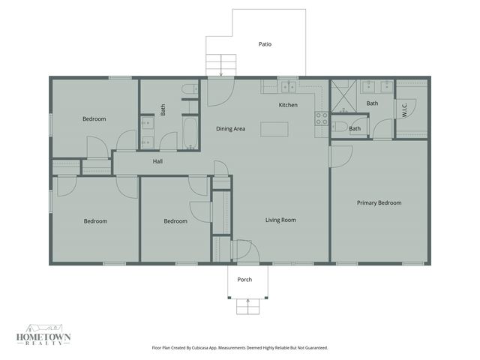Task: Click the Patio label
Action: tap(265, 44)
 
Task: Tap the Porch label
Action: tap(244, 280)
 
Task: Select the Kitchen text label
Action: tap(288, 105)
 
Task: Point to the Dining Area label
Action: tap(230, 129)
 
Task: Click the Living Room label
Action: tap(280, 220)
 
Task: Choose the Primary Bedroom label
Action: tap(379, 202)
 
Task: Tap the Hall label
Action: tap(157, 161)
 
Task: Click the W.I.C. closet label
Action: tap(405, 109)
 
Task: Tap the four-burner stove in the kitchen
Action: tap(321, 118)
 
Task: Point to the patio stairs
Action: tap(217, 64)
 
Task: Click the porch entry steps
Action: tap(245, 307)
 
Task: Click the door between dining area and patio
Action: tap(220, 91)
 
